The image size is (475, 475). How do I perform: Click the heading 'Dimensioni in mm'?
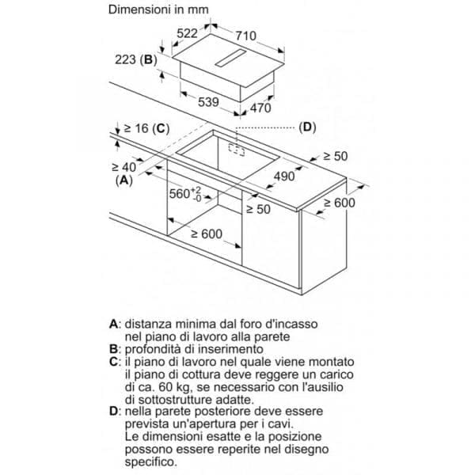pyautogui.click(x=158, y=11)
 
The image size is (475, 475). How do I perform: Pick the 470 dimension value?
pyautogui.click(x=260, y=108)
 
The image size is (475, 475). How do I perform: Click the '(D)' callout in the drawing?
pyautogui.click(x=307, y=127)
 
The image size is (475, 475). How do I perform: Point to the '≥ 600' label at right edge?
pyautogui.click(x=339, y=203)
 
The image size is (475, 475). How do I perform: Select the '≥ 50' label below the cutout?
pyautogui.click(x=257, y=209)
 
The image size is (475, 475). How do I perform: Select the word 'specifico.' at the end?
pyautogui.click(x=154, y=462)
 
